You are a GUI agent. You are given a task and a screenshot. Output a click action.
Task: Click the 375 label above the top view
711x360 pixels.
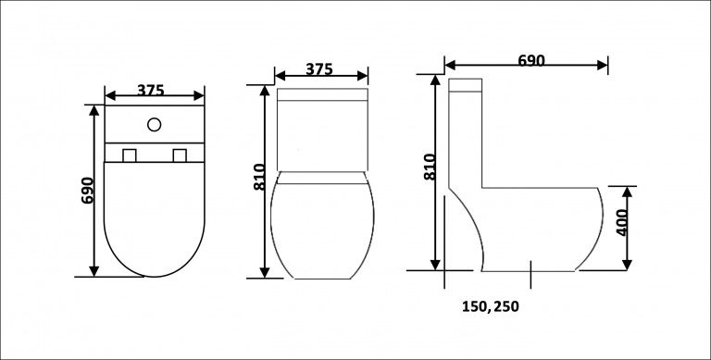[x=151, y=90]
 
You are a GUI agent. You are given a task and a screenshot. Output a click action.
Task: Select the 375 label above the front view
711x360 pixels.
[x=318, y=69]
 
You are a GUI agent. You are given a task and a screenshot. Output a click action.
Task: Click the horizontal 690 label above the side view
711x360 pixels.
[x=530, y=60]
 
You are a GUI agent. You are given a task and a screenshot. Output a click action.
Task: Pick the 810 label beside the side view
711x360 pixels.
[x=429, y=166]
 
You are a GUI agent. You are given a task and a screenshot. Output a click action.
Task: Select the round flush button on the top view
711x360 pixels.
[x=155, y=123]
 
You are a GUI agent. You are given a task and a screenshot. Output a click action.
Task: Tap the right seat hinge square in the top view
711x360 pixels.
[x=180, y=155]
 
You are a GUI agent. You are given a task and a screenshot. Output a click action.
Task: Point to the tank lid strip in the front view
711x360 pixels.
[x=322, y=94]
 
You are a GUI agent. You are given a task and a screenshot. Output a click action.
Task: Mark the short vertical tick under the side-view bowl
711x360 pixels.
[x=530, y=273]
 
